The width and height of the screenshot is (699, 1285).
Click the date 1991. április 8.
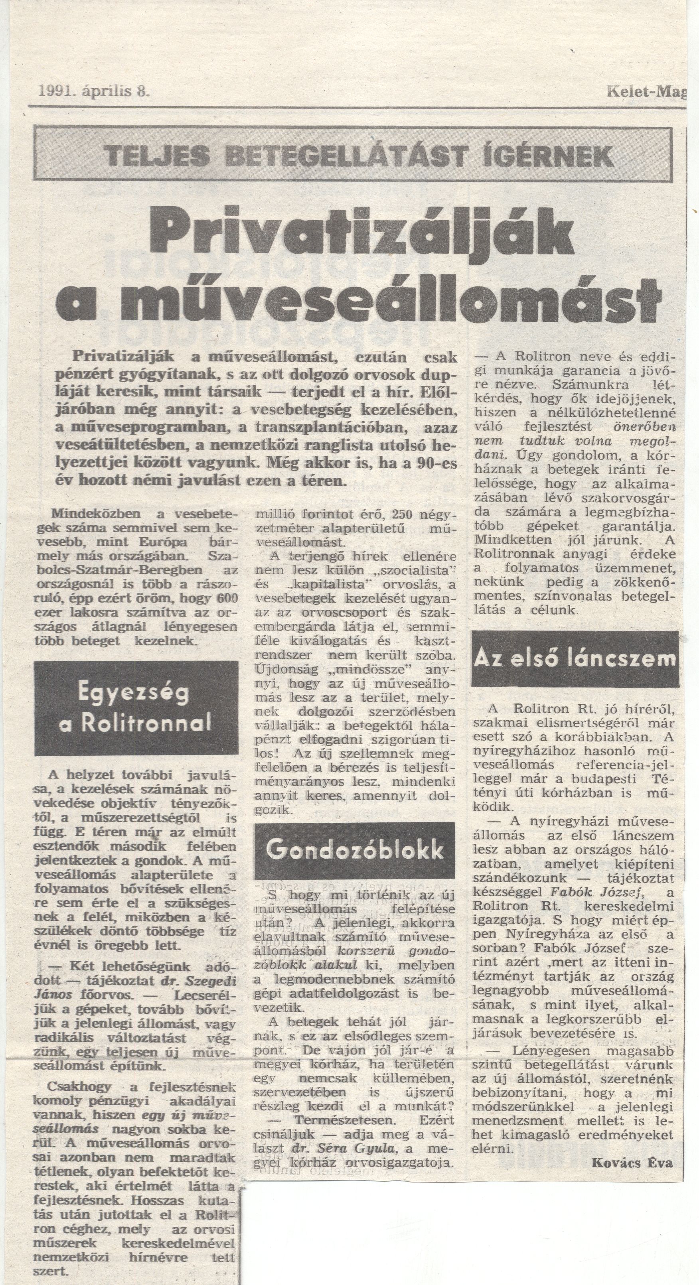pyautogui.click(x=94, y=91)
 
